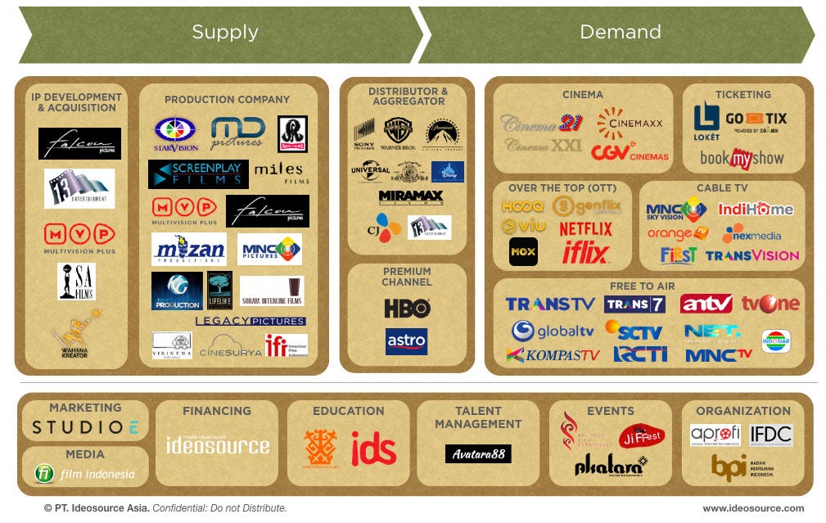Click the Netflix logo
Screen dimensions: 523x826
[585, 228]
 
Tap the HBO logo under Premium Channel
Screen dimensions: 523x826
[407, 309]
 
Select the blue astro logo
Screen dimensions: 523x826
[406, 341]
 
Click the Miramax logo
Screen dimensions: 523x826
[410, 197]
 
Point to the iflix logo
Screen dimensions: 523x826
[585, 253]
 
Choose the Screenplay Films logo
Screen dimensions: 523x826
[197, 174]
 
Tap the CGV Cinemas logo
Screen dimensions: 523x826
[630, 152]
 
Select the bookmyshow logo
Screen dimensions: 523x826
[742, 158]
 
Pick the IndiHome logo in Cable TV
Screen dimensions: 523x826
[755, 209]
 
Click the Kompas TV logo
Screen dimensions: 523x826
[553, 355]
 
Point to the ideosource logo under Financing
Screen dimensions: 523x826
[217, 444]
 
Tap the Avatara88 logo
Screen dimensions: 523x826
[478, 453]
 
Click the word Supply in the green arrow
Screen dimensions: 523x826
[225, 33]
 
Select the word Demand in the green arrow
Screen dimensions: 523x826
[620, 33]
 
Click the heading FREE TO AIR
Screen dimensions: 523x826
[642, 286]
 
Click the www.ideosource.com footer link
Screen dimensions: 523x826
[753, 508]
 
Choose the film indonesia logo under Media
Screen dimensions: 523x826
[85, 474]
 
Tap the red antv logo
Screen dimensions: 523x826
[706, 304]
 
